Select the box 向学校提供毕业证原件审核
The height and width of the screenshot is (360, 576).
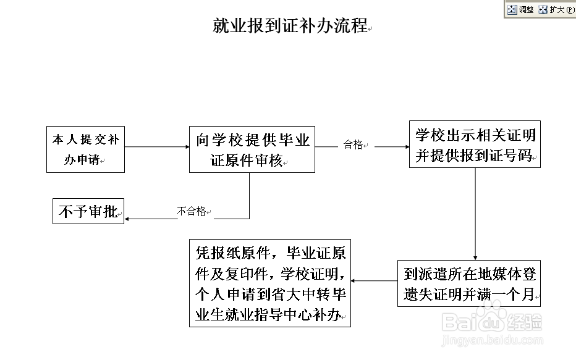point(252,149)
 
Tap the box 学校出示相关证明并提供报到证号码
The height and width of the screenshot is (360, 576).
point(475,144)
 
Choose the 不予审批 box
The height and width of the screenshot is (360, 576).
point(88,212)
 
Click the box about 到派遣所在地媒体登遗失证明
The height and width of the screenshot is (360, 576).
point(469,283)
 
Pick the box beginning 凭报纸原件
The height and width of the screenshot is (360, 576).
point(269,283)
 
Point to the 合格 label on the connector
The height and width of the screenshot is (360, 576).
point(354,145)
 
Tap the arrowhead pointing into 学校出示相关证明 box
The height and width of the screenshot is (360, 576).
point(405,147)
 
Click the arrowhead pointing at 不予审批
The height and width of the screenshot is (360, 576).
point(128,219)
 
